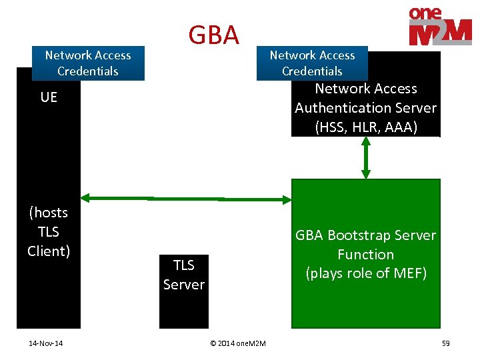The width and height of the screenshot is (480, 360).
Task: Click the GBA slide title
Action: coord(213,35)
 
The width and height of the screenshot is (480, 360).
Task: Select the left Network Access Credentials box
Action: coord(88,63)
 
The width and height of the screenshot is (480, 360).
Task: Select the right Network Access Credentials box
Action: coord(312,63)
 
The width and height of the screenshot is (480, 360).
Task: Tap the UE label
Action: coord(49,97)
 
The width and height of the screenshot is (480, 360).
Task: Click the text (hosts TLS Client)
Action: coord(49,231)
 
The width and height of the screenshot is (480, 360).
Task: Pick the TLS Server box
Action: coord(184,291)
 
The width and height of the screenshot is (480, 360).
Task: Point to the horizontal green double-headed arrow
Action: coord(186,198)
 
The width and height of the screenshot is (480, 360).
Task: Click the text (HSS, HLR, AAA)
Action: coord(366,127)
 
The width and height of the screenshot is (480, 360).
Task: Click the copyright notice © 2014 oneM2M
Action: coord(237,343)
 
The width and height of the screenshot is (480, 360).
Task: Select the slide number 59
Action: coord(445,343)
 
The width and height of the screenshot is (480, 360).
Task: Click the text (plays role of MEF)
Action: coord(366,273)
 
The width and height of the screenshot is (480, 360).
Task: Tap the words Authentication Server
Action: coord(366,107)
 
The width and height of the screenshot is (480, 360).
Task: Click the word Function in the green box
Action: coord(366,254)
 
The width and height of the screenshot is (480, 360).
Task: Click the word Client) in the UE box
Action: coord(49,251)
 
